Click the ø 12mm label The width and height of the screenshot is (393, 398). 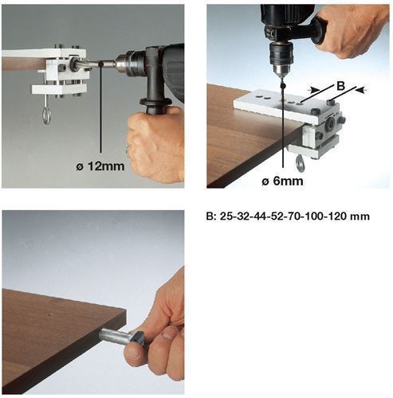coord(100,166)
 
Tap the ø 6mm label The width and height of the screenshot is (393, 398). coord(282,181)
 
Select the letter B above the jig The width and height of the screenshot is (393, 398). coord(340,86)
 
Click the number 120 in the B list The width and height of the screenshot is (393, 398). coord(337,217)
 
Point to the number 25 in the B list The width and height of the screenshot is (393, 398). coord(226,217)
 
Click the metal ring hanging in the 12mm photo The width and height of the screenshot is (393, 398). coord(46,115)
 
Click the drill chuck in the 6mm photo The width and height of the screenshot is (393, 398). coord(281,57)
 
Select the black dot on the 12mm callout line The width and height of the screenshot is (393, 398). coord(100,64)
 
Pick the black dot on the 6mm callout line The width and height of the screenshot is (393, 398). coord(283,86)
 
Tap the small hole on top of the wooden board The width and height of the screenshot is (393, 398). coord(49,315)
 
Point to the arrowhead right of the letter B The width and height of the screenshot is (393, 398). coord(360,90)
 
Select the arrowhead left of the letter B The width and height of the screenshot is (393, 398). coord(313,90)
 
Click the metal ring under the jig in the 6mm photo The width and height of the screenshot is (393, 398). coord(301,161)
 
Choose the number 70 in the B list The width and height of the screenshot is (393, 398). coord(293,217)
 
